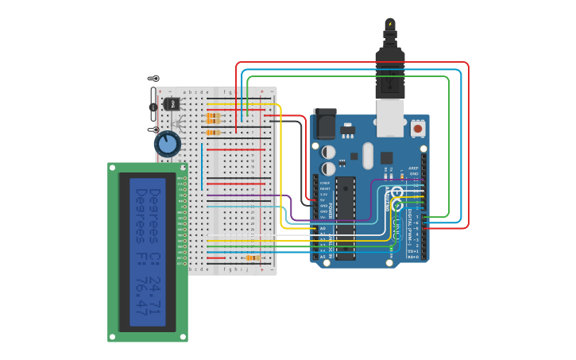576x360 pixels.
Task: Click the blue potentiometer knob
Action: point(167,144)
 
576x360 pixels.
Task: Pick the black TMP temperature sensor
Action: point(171,104)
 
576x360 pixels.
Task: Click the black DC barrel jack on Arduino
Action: point(325,124)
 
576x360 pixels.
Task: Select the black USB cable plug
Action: point(389,72)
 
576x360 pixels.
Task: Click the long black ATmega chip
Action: point(345,219)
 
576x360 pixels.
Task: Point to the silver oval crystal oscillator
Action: point(367,156)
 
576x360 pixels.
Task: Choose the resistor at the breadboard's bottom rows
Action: point(253,258)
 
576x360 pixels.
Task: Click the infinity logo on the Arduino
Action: point(396,199)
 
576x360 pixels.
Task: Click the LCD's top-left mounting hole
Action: point(113,168)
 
